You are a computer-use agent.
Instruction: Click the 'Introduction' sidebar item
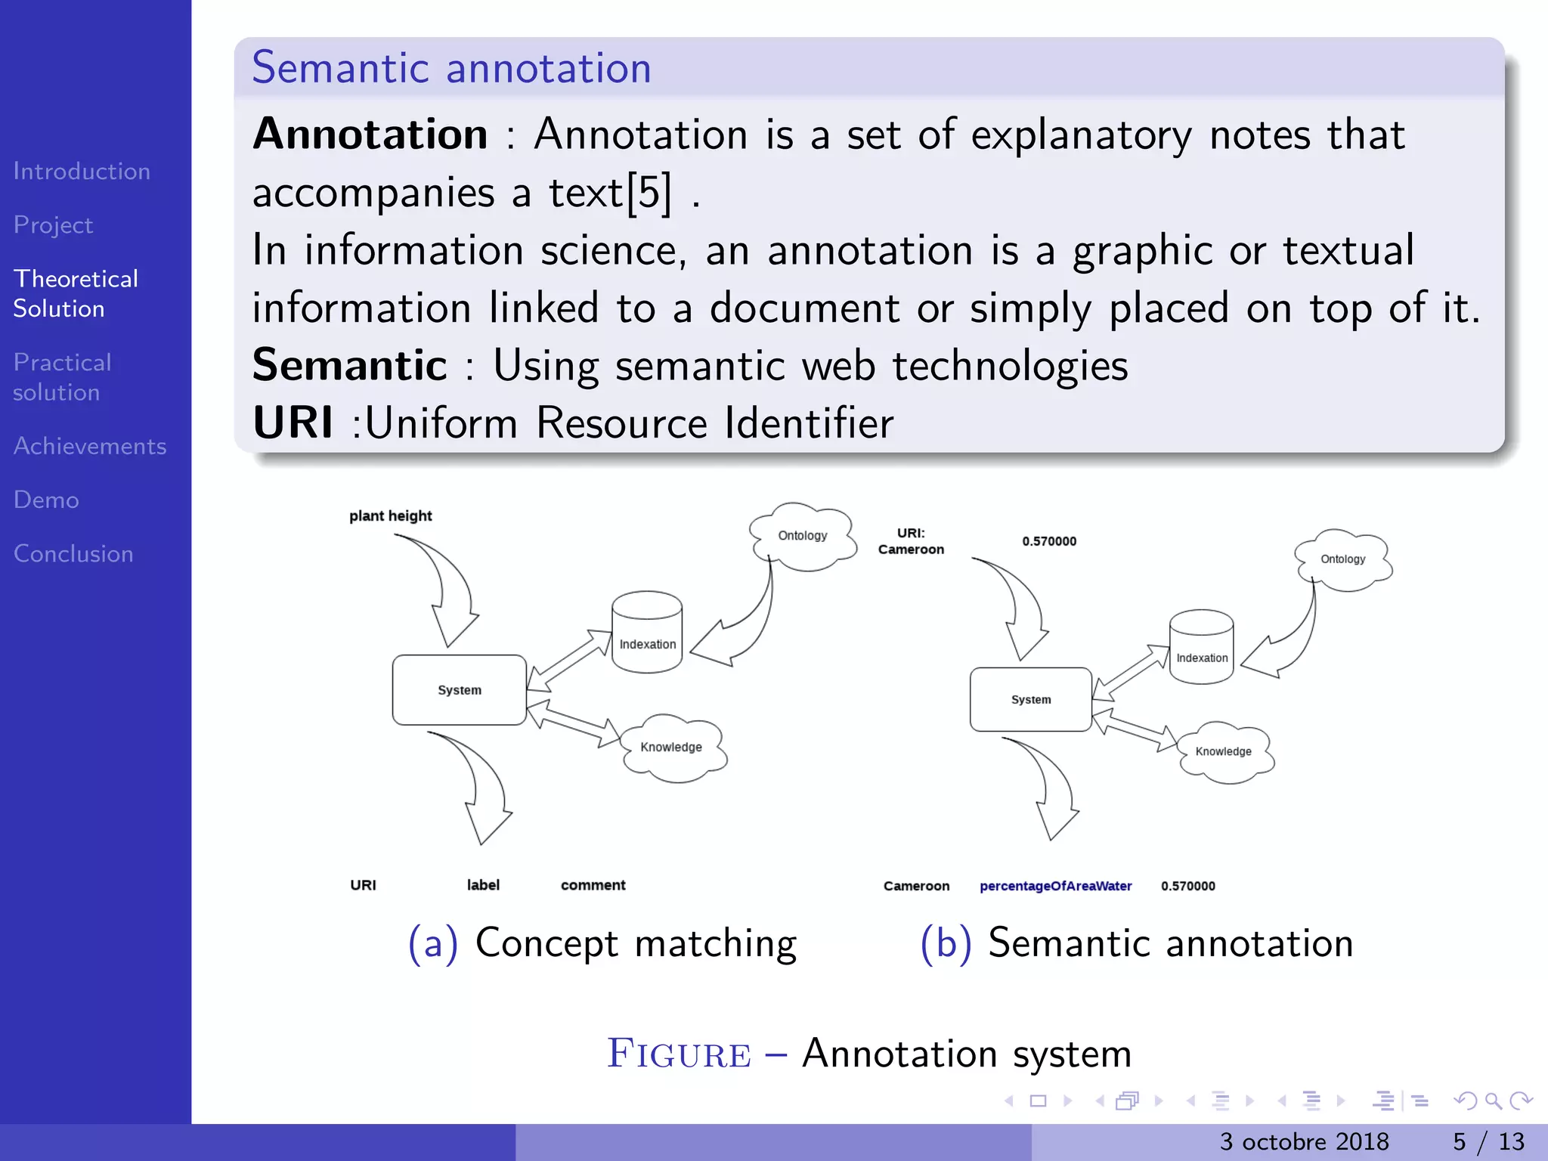click(x=82, y=172)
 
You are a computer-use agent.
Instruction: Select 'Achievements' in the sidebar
click(x=90, y=446)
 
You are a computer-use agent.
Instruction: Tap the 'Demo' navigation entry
click(x=46, y=500)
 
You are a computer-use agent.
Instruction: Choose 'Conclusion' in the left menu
click(x=73, y=553)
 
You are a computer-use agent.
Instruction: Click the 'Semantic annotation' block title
click(x=451, y=68)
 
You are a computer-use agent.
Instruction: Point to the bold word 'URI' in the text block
click(x=293, y=422)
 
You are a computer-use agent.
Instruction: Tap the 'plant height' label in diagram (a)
click(x=390, y=515)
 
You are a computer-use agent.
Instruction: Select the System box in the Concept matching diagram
click(x=459, y=689)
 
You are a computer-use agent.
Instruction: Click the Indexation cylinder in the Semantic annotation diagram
click(x=1201, y=648)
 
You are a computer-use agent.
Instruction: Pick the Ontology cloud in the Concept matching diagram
click(x=803, y=536)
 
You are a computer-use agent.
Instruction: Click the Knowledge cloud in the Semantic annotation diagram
click(x=1224, y=751)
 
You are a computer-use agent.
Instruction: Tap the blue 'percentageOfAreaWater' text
click(x=1055, y=886)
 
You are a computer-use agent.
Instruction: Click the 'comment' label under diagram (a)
click(x=593, y=885)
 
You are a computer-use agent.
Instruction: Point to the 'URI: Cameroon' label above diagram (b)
click(x=911, y=541)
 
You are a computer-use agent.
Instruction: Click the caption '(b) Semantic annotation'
click(x=1136, y=943)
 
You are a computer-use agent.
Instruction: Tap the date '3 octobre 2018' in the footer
click(x=1304, y=1141)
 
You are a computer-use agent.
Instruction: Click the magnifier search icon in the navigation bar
click(x=1493, y=1101)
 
